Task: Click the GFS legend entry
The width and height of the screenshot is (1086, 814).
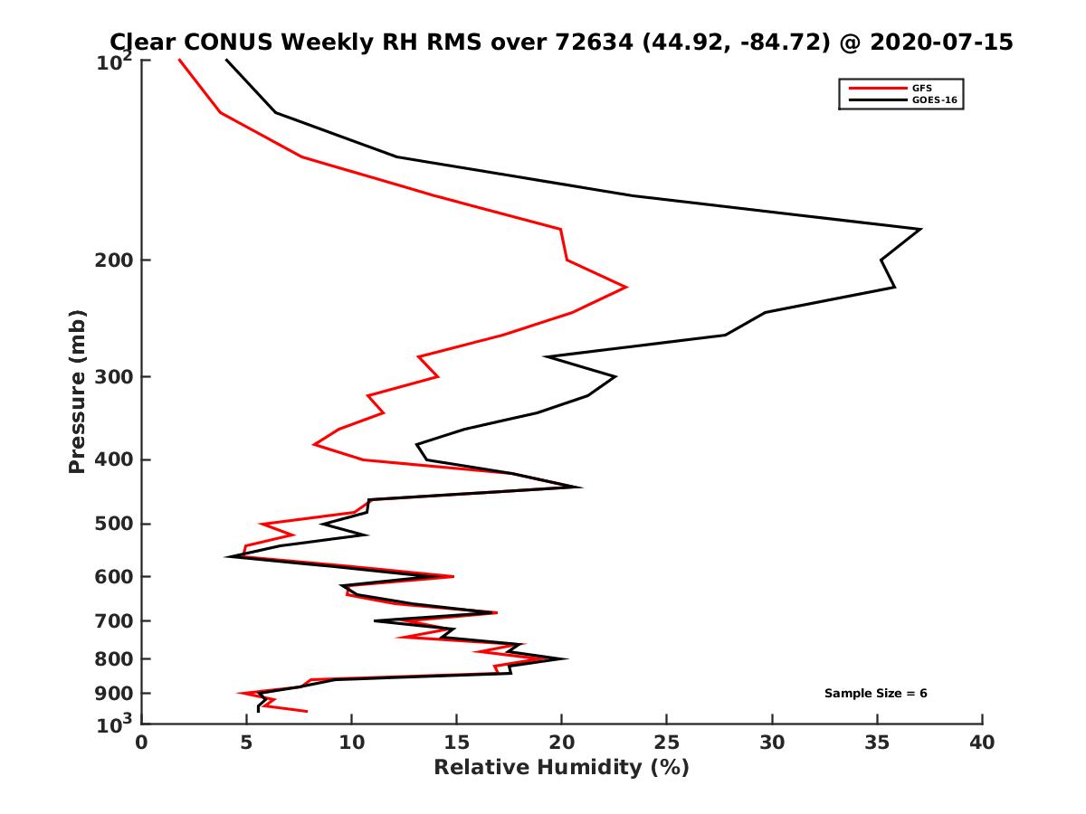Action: [921, 88]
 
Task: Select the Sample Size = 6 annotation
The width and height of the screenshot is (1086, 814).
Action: [875, 694]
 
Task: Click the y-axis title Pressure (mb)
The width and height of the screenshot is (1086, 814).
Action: [77, 391]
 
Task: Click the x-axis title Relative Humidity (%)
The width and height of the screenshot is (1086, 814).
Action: [561, 768]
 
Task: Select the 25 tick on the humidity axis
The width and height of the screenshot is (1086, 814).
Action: [667, 743]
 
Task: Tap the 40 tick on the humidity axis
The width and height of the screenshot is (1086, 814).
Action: [982, 743]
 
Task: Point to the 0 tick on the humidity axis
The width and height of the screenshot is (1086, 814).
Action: [142, 743]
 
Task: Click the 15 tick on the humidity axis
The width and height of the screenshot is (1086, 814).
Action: [457, 743]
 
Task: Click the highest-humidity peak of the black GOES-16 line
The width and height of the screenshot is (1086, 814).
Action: [920, 229]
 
